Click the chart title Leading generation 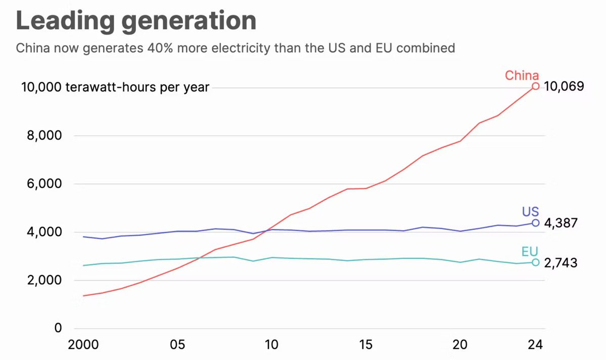(136, 21)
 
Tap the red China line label (522, 76)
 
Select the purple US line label (530, 211)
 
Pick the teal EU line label (530, 251)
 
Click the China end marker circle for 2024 (536, 86)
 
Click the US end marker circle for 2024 (536, 222)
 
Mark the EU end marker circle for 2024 (536, 262)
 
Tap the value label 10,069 (564, 86)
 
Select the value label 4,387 (561, 223)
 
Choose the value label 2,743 (561, 263)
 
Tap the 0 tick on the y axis (58, 328)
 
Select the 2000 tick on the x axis (83, 345)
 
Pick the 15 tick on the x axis (365, 345)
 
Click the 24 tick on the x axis (535, 345)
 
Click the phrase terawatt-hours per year (137, 87)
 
